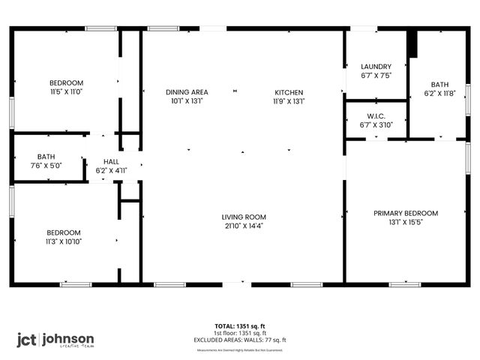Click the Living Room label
point(243,217)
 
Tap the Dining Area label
point(187,92)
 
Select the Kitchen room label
point(289,92)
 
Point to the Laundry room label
point(376,67)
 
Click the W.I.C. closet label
point(376,116)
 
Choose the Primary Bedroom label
point(406,213)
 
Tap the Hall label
point(111,161)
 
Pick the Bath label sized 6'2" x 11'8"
point(439,85)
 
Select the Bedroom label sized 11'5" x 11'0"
point(66,82)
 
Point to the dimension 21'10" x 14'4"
point(243,225)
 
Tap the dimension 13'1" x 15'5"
point(406,222)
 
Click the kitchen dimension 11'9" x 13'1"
point(289,100)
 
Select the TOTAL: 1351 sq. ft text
point(240,326)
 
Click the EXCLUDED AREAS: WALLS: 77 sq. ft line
point(240,340)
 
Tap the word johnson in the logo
point(67,337)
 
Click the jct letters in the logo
point(27,339)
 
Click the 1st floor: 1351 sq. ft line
point(240,333)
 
